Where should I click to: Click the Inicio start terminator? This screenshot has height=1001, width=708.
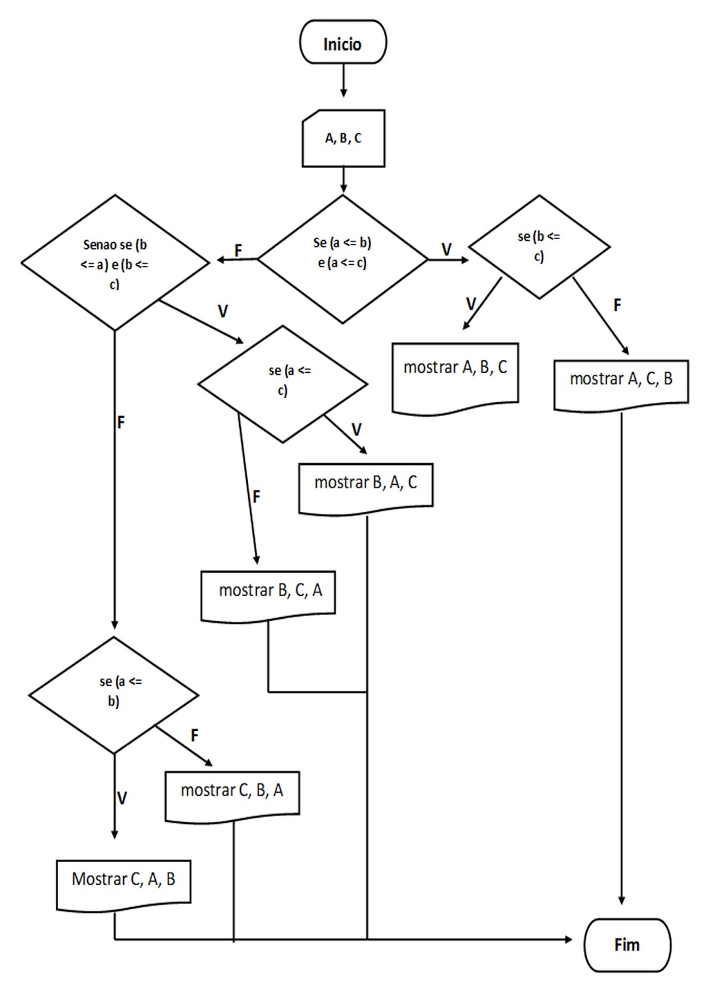click(343, 43)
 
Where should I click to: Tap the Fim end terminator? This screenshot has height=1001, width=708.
click(627, 945)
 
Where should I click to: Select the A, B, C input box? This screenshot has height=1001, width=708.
click(343, 138)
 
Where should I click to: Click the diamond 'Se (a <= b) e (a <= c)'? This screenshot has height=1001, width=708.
click(342, 259)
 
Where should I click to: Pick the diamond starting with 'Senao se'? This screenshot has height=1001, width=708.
click(115, 263)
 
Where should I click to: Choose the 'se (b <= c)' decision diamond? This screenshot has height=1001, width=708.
click(539, 246)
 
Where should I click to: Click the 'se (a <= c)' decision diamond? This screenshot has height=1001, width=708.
click(282, 384)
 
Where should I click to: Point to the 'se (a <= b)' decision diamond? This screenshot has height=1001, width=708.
click(114, 694)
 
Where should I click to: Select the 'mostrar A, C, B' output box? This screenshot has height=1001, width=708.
click(621, 383)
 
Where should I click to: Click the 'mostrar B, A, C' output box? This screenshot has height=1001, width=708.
click(366, 487)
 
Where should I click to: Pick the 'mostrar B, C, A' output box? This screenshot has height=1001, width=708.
click(268, 594)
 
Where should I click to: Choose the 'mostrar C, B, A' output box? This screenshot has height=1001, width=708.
click(232, 794)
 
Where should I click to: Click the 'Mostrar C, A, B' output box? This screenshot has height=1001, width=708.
click(123, 883)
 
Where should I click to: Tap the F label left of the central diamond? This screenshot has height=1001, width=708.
click(238, 250)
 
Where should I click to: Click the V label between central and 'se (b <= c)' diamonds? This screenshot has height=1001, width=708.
click(446, 249)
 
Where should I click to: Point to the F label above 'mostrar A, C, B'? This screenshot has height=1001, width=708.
click(617, 305)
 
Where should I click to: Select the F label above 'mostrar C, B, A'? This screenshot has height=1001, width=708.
click(194, 735)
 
